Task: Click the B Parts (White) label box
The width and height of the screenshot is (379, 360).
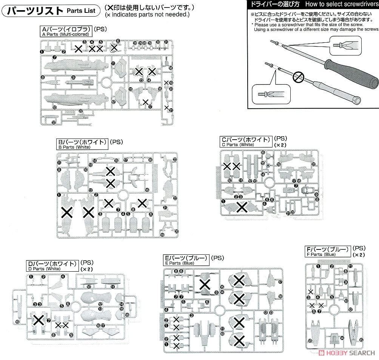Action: pos(82,144)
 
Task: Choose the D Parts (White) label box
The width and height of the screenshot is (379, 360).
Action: pos(52,266)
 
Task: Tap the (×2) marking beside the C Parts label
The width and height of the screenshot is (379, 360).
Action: pos(281,145)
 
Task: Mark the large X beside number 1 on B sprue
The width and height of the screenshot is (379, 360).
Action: pos(67,212)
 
